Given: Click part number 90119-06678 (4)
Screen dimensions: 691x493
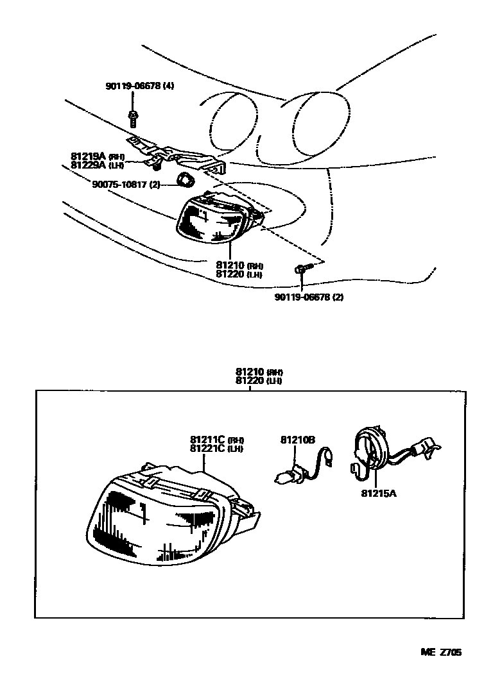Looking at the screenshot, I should point(139,87).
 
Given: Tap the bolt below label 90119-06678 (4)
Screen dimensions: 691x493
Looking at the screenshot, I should point(133,117).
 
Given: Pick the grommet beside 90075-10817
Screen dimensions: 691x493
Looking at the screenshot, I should point(186,179).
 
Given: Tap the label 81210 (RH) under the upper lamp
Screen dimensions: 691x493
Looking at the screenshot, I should point(239,265).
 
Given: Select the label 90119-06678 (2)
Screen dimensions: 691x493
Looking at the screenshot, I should point(308,297).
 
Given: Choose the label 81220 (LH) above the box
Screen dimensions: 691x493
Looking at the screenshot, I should point(259,380).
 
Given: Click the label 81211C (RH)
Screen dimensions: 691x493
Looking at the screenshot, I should point(216,440).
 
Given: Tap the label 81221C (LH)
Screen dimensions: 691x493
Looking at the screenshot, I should point(216,448).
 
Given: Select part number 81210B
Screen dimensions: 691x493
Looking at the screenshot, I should point(297,440).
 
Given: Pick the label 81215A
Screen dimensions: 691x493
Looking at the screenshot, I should point(377,494).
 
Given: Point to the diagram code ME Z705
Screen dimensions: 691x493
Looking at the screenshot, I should point(441,652).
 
